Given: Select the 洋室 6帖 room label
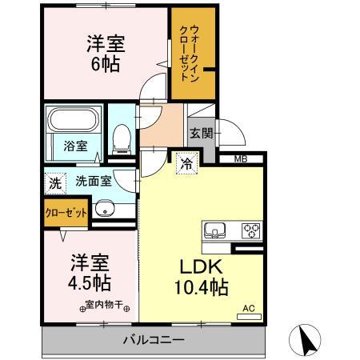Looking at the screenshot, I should click(x=104, y=54).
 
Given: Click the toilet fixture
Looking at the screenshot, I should click(x=122, y=138).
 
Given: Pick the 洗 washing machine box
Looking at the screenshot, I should click(x=54, y=182).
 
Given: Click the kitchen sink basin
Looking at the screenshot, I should click(x=215, y=230).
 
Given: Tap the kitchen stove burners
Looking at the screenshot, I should click(x=251, y=230).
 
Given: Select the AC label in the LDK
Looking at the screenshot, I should click(x=249, y=307).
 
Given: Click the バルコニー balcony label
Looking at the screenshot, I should click(x=154, y=340).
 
